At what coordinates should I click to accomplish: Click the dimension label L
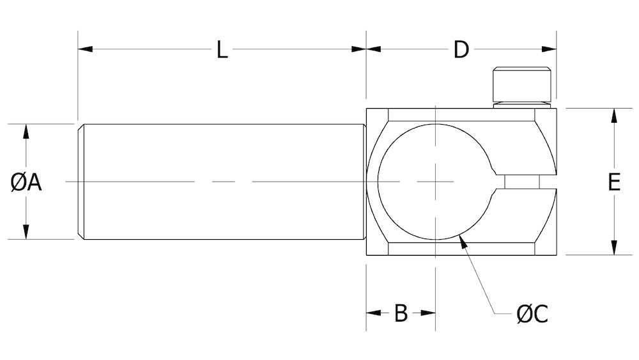point(221,49)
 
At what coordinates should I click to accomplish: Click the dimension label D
point(461,49)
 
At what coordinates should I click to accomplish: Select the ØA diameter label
point(26,183)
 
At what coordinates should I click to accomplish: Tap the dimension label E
point(613,183)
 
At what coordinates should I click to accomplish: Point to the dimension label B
point(401,313)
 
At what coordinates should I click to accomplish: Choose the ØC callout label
point(532,314)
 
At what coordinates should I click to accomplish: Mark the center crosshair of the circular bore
point(435,182)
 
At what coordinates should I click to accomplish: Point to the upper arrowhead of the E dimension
point(613,116)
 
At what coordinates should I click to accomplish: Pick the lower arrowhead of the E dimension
point(613,248)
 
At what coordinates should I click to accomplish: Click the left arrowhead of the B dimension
point(373,313)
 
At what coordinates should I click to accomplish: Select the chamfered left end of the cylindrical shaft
point(81,182)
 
